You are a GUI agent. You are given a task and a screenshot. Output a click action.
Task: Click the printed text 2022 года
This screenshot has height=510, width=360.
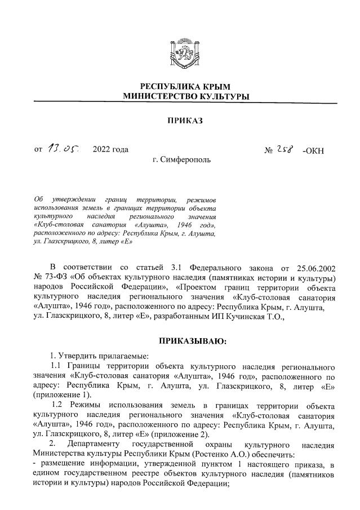[110, 149]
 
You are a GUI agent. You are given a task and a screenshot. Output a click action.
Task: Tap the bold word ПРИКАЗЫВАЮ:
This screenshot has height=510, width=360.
[194, 341]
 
